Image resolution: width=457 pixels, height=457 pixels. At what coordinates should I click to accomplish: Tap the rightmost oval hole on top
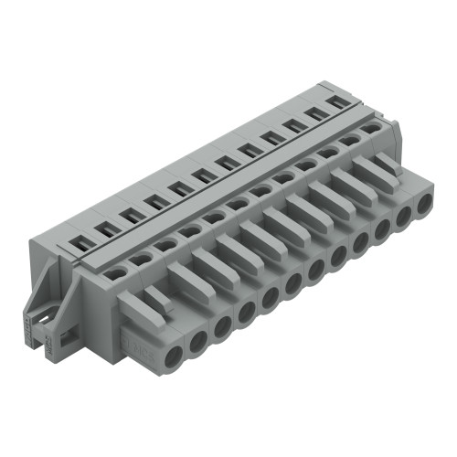pyautogui.click(x=372, y=129)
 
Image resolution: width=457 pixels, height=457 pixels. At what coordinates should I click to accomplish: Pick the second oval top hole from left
pyautogui.click(x=141, y=259)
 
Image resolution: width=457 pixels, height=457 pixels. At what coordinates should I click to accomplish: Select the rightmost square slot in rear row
pyautogui.click(x=339, y=102)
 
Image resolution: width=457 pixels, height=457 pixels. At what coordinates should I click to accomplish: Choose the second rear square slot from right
pyautogui.click(x=316, y=114)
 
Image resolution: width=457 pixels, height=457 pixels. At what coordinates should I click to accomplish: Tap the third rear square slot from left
pyautogui.click(x=132, y=217)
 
